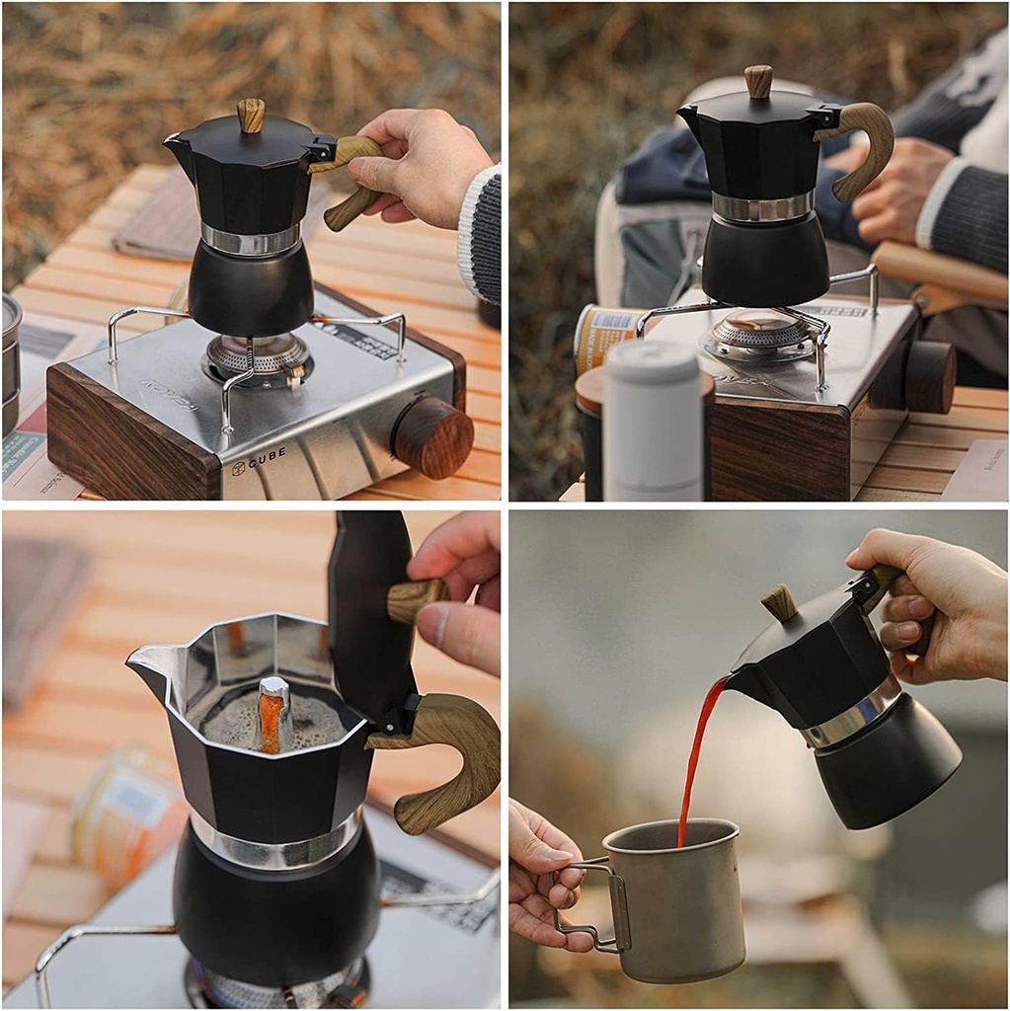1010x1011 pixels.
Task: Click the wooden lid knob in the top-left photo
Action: (x=251, y=116)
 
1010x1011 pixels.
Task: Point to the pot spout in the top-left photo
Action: (x=178, y=147)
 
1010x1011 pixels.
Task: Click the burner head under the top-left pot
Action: (x=257, y=356)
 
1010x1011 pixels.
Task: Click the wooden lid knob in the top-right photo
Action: (x=758, y=81)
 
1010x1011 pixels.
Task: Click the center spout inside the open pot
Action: (x=273, y=713)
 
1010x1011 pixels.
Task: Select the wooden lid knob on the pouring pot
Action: (x=780, y=602)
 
